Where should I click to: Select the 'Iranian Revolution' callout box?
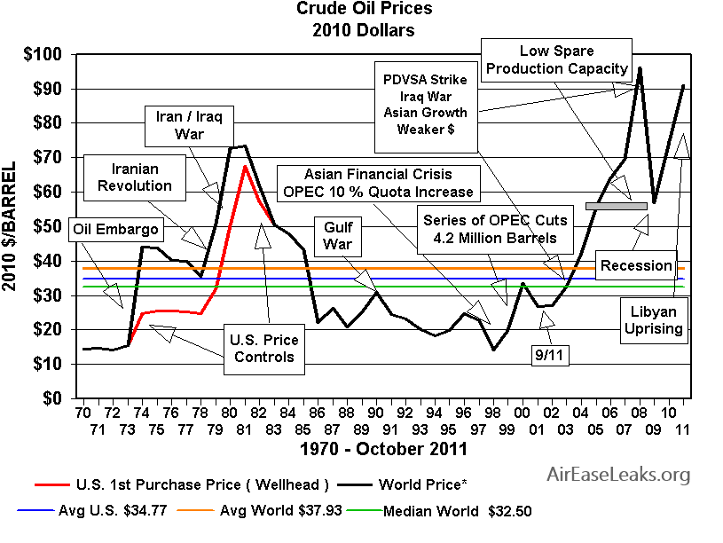(x=135, y=177)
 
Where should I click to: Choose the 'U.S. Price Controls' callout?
(x=263, y=349)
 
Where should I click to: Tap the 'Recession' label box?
(x=636, y=265)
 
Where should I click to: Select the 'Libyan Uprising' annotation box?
(x=657, y=320)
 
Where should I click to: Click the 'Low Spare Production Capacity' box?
(x=557, y=59)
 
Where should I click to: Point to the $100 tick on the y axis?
(x=43, y=55)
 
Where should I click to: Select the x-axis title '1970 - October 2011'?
(x=382, y=449)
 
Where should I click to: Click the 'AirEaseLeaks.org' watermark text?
(x=618, y=475)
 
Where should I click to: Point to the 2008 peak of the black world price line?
(x=640, y=67)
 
